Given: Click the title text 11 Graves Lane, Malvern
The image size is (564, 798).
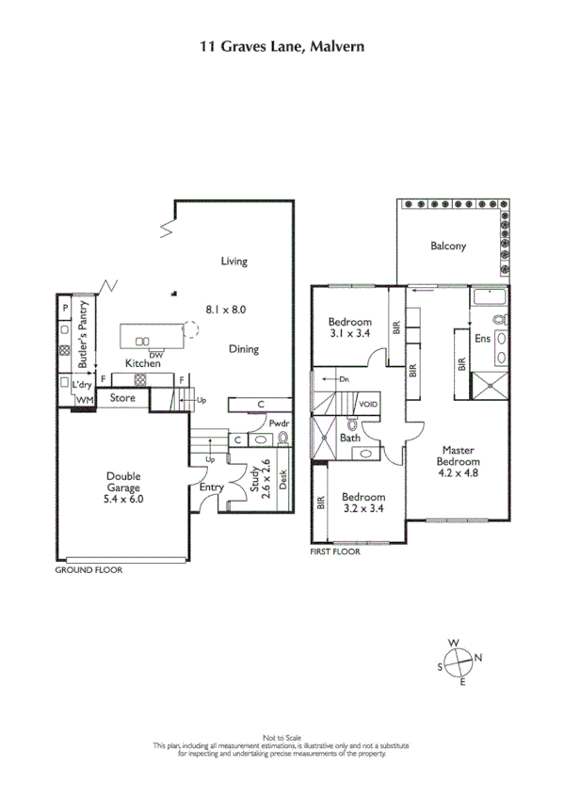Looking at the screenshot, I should tap(282, 44).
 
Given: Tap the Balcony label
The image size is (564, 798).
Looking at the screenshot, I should tap(448, 247).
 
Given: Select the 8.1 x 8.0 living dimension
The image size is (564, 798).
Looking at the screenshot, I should tap(233, 308).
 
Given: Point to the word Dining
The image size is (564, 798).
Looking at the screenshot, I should tap(243, 349).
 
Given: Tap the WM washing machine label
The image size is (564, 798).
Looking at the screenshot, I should tap(84, 400).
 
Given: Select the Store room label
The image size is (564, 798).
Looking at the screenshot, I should tap(122, 398).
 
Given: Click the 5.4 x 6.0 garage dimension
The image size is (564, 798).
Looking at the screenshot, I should tap(122, 501).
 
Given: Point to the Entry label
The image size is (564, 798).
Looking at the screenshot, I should tap(211, 488).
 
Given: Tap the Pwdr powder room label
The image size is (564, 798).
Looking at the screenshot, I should tap(279, 424).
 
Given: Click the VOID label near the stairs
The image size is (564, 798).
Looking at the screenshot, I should tap(368, 405).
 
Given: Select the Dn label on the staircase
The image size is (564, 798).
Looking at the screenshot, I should tap(345, 379).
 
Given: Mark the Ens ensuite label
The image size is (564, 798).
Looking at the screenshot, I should tap(482, 339).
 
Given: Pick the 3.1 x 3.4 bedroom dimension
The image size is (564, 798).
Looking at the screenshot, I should tap(350, 332).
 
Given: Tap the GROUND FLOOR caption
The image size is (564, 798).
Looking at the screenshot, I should tap(89, 569).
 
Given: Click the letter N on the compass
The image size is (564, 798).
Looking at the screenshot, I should tap(477, 658).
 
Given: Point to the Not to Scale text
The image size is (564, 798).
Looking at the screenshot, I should tap(282, 737).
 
